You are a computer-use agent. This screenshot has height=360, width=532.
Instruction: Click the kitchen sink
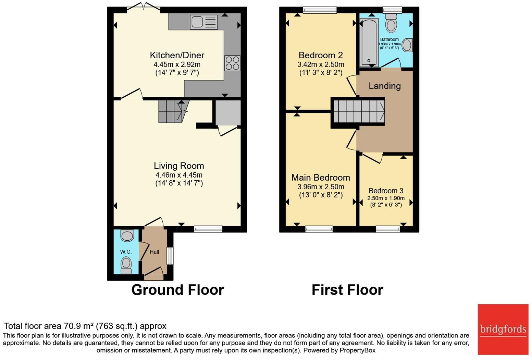204,22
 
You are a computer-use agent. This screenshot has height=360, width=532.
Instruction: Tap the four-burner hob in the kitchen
232,63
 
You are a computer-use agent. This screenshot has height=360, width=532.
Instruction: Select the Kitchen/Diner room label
177,55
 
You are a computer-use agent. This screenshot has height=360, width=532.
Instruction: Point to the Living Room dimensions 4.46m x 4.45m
179,175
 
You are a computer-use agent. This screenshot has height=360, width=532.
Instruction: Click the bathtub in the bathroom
369,42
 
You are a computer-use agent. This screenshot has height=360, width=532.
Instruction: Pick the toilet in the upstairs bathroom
391,23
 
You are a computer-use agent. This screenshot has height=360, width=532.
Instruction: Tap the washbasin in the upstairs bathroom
407,45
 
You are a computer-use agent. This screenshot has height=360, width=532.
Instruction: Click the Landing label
384,86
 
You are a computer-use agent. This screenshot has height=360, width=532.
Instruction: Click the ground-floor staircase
174,111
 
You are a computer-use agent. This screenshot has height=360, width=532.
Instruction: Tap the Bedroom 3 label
386,191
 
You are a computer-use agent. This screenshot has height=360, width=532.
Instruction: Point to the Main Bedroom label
321,178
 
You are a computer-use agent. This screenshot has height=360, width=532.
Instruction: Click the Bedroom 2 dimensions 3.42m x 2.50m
321,64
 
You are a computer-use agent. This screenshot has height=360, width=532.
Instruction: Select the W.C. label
126,252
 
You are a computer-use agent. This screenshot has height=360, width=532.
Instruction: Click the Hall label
154,252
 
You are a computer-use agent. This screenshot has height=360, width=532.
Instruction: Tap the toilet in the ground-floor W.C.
126,266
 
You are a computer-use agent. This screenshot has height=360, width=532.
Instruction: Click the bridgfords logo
503,329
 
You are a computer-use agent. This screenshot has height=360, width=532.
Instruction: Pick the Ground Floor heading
178,290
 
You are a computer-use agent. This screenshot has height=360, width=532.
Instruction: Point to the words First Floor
347,290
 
